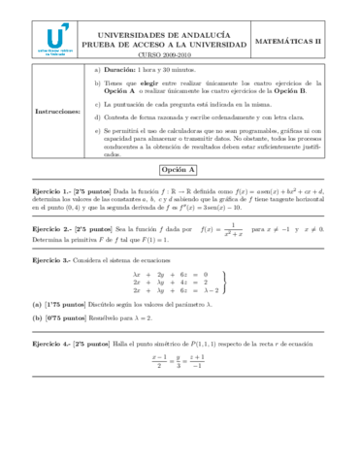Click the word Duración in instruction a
120,71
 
